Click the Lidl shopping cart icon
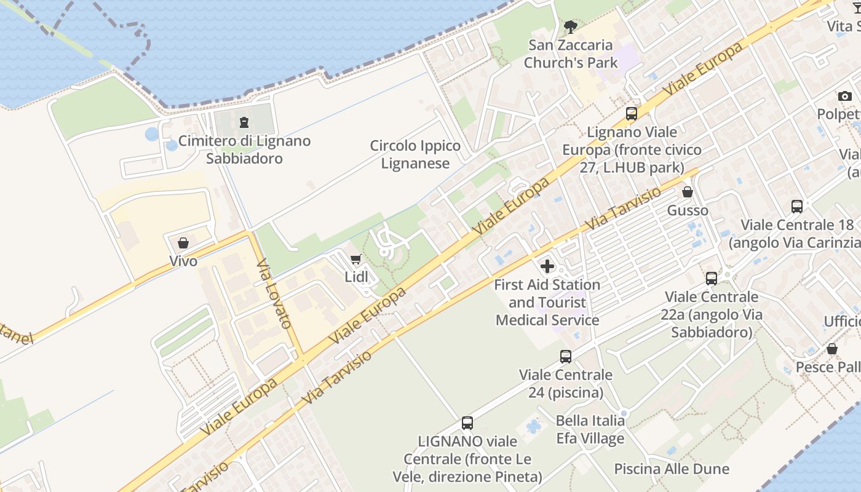coord(355,260)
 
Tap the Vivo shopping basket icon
coord(183,244)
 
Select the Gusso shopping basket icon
coord(688,192)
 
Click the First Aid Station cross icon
coord(547,266)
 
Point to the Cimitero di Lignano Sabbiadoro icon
coord(244,123)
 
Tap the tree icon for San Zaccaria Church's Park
coord(570,27)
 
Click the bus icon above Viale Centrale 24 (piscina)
coord(565,357)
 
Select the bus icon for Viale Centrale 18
coord(797,207)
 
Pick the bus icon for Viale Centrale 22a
coord(711,279)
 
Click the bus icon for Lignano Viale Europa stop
coord(631,114)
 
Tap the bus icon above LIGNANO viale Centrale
coord(467,423)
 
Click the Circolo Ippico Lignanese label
coord(415,154)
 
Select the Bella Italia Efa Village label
coord(590,429)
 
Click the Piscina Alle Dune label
coord(672,469)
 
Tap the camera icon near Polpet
coord(844,96)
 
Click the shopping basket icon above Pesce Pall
coord(831,349)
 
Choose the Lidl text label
coord(356,277)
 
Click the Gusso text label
coord(688,210)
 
